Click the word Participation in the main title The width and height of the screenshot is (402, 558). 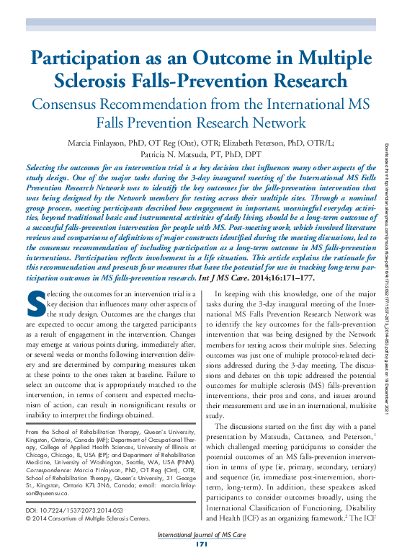(94, 59)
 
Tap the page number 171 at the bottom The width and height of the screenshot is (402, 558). (200, 550)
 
